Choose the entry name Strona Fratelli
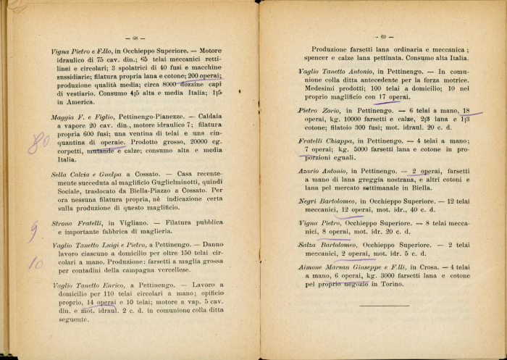(76, 222)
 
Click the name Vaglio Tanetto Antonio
(340, 72)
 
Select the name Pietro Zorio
(321, 110)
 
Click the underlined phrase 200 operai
(204, 75)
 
